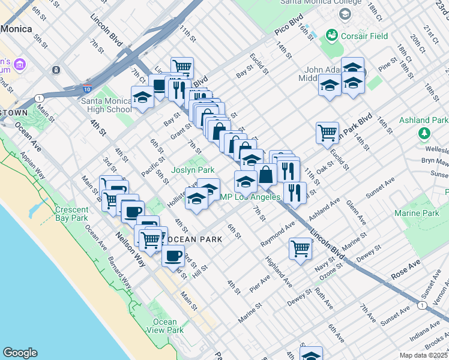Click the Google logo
coord(20,353)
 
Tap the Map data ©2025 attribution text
coord(423,355)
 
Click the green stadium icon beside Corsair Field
coord(330,35)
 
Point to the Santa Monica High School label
coord(106,105)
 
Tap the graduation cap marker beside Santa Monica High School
coord(143,98)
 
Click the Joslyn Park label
coord(193,170)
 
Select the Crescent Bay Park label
coord(72,214)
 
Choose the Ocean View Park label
coord(164,326)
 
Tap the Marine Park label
coord(417,214)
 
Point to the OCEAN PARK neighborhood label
coord(194,239)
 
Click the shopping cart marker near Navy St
coord(300,248)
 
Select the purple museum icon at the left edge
coord(19,64)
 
